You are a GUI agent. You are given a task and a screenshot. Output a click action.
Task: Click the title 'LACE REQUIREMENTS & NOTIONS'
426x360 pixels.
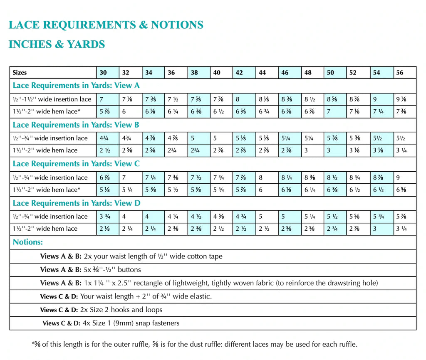click(x=106, y=25)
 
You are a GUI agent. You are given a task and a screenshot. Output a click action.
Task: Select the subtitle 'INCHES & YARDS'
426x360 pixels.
click(x=57, y=44)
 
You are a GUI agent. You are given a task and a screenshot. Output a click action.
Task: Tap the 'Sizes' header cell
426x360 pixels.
click(x=20, y=72)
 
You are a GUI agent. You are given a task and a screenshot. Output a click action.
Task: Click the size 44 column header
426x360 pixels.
click(x=262, y=72)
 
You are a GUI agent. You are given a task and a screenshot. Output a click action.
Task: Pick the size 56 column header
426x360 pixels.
click(x=399, y=72)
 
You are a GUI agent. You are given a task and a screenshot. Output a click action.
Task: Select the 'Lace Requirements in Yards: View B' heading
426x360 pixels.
click(x=76, y=125)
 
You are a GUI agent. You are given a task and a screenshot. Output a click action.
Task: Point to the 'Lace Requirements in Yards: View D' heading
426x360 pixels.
click(x=76, y=203)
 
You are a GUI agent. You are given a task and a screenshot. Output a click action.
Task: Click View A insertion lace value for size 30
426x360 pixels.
click(x=102, y=99)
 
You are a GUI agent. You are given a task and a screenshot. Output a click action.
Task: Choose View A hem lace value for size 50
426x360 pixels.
click(x=328, y=111)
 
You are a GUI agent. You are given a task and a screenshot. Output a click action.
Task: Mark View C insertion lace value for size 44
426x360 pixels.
click(x=261, y=178)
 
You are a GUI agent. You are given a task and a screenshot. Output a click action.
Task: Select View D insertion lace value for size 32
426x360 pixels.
click(x=125, y=217)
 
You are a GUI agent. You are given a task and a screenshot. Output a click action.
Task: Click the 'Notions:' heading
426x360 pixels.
click(x=28, y=242)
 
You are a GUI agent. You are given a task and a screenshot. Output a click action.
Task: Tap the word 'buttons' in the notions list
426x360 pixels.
click(x=129, y=269)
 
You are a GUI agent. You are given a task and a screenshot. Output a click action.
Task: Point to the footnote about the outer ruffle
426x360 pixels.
click(x=194, y=344)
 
